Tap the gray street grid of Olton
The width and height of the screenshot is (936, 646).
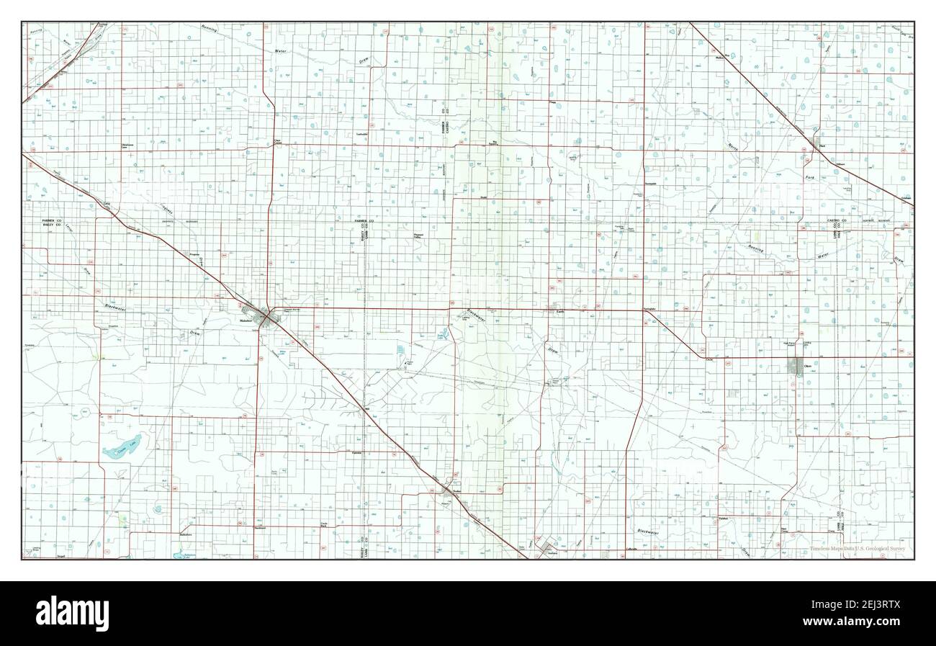click(798, 367)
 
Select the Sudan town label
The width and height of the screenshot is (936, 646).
click(456, 493)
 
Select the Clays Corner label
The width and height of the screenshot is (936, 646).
click(278, 141)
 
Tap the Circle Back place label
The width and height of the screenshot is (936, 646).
click(324, 525)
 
